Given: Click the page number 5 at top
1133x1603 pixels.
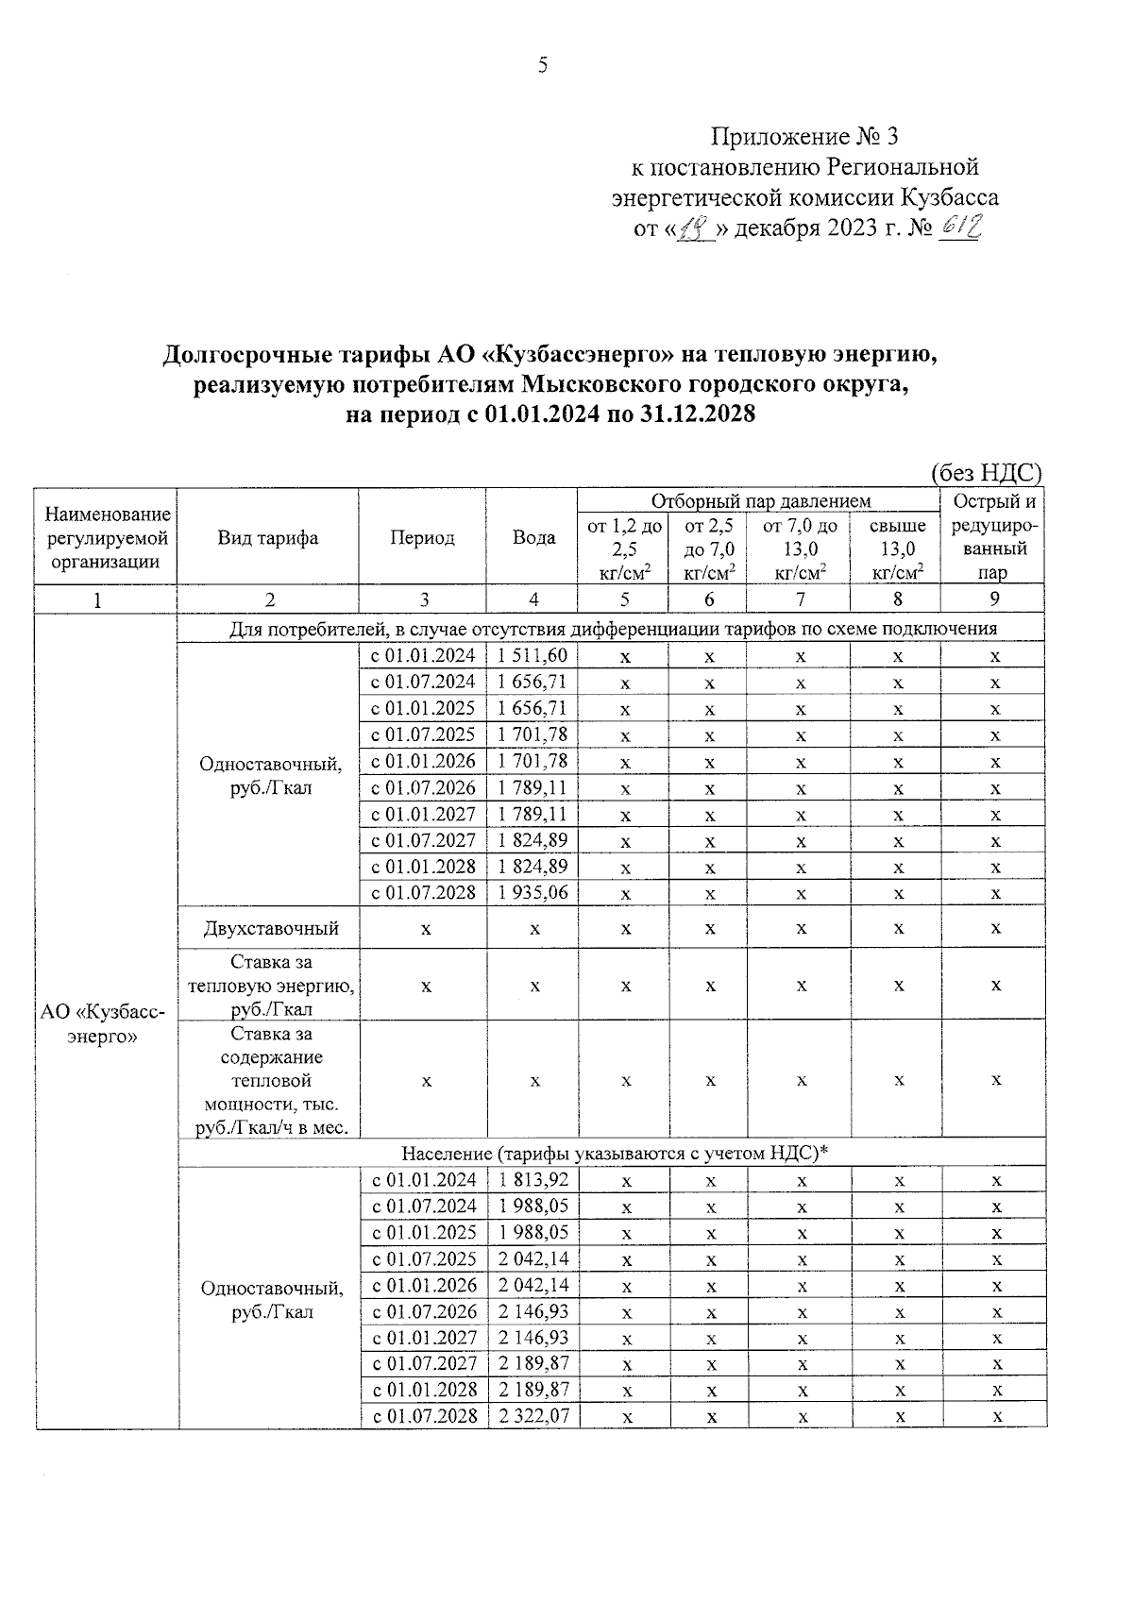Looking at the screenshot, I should tap(542, 65).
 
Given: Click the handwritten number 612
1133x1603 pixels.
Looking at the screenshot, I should tap(959, 227).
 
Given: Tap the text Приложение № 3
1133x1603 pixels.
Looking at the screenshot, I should tap(803, 137).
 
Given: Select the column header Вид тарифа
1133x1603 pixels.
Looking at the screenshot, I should tap(267, 538).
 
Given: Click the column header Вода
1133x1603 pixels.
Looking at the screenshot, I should tap(533, 538).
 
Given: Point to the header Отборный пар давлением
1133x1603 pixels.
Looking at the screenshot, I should tap(760, 500).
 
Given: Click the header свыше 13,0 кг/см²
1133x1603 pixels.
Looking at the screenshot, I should tap(897, 548).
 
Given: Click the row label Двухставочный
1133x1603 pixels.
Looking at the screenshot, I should tap(271, 928).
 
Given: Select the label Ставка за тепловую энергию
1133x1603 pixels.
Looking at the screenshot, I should tap(271, 985).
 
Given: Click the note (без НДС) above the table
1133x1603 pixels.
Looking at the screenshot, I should tap(986, 473).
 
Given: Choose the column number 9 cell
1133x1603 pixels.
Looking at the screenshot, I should tap(993, 599).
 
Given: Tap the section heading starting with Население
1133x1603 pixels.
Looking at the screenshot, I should tap(614, 1153).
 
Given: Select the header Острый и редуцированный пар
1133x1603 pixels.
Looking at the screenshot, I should tap(993, 537).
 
